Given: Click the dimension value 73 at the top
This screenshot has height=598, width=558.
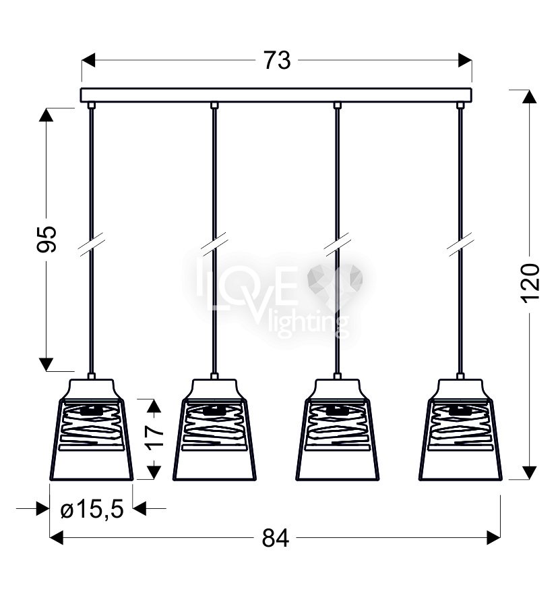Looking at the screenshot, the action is pyautogui.click(x=277, y=60).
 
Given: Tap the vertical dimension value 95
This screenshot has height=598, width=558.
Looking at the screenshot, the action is pyautogui.click(x=47, y=239).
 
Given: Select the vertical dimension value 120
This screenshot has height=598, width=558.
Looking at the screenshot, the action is pyautogui.click(x=530, y=283).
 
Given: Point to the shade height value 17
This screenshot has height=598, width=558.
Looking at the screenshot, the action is pyautogui.click(x=154, y=438).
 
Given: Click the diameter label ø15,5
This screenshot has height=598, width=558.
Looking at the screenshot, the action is pyautogui.click(x=92, y=509).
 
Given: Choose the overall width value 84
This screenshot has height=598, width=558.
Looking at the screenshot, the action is pyautogui.click(x=276, y=538).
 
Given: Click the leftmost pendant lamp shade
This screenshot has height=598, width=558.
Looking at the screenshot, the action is pyautogui.click(x=92, y=429).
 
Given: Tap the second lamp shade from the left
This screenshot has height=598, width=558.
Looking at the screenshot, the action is pyautogui.click(x=214, y=429).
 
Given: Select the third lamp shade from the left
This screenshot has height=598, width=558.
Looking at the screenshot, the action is pyautogui.click(x=338, y=429).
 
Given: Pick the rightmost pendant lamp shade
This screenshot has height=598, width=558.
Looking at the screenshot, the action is pyautogui.click(x=460, y=429).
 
